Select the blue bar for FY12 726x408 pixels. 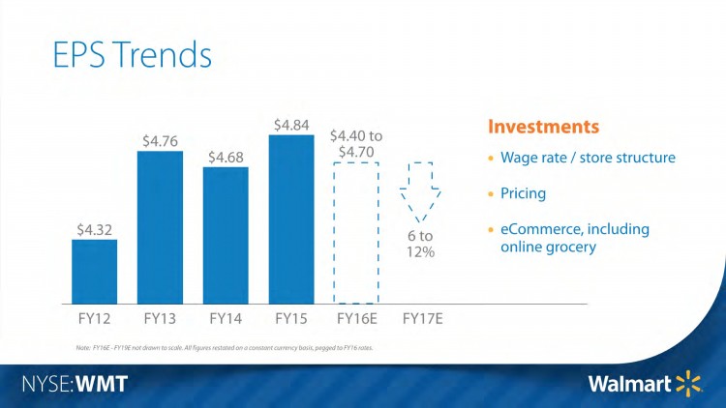pyautogui.click(x=94, y=271)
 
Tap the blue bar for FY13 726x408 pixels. pyautogui.click(x=160, y=227)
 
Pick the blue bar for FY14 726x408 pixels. pyautogui.click(x=226, y=235)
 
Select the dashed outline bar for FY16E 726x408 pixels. pyautogui.click(x=357, y=232)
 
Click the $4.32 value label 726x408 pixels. pyautogui.click(x=95, y=229)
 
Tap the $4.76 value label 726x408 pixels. pyautogui.click(x=160, y=140)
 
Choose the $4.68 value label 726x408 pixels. pyautogui.click(x=226, y=156)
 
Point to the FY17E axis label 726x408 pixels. pyautogui.click(x=422, y=317)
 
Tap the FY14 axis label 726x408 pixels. pyautogui.click(x=226, y=317)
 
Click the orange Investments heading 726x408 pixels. pyautogui.click(x=542, y=127)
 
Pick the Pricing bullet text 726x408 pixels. pyautogui.click(x=523, y=193)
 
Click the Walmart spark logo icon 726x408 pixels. pyautogui.click(x=688, y=384)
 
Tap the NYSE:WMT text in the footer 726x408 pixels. pyautogui.click(x=74, y=384)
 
